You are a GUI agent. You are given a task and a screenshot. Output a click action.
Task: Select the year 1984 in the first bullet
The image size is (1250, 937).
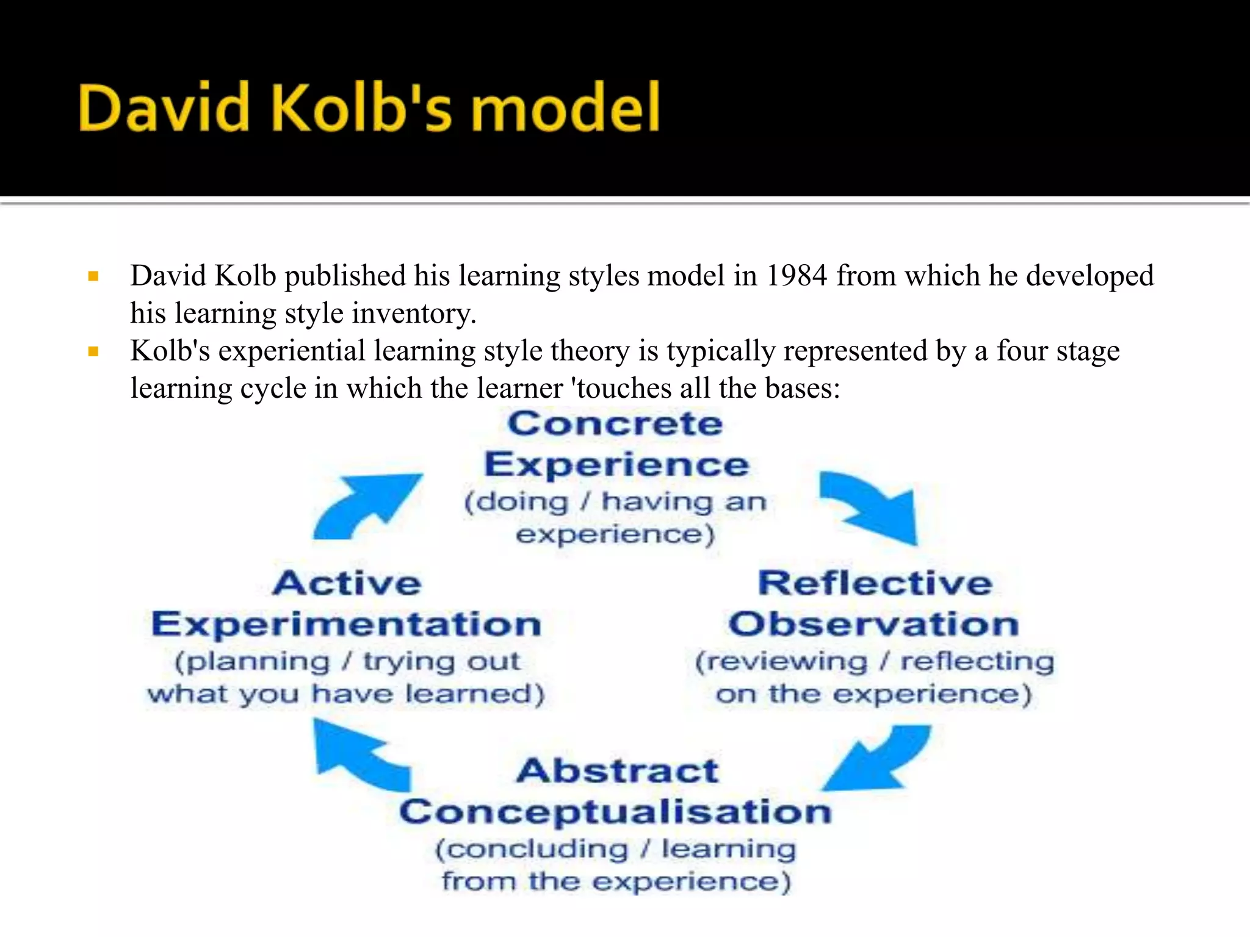(797, 276)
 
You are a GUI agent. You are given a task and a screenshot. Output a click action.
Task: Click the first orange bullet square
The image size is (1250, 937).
(93, 276)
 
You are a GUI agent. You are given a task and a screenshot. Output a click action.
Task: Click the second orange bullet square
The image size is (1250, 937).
(93, 351)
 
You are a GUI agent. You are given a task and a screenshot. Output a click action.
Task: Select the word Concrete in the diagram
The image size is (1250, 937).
(615, 424)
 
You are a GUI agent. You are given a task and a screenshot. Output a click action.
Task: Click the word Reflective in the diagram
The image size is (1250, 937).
(875, 583)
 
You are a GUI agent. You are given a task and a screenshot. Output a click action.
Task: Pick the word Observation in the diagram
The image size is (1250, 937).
(873, 625)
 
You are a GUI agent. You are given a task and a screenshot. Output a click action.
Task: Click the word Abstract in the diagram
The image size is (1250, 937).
(617, 770)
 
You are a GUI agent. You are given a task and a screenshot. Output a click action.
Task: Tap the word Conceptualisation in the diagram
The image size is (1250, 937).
(615, 812)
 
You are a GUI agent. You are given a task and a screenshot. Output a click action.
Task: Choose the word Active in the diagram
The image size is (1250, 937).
(347, 583)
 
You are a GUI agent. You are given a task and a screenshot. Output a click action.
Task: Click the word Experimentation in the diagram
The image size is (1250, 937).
(346, 625)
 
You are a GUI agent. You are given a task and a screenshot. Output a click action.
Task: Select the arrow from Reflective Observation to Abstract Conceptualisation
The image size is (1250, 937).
(879, 759)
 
